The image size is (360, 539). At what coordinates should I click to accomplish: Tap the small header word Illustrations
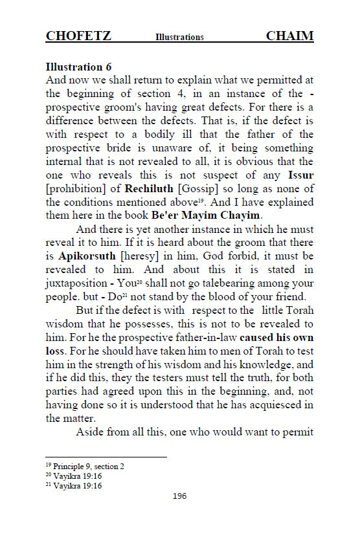tap(179, 37)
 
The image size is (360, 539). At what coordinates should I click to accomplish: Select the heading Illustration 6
tap(74, 67)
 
